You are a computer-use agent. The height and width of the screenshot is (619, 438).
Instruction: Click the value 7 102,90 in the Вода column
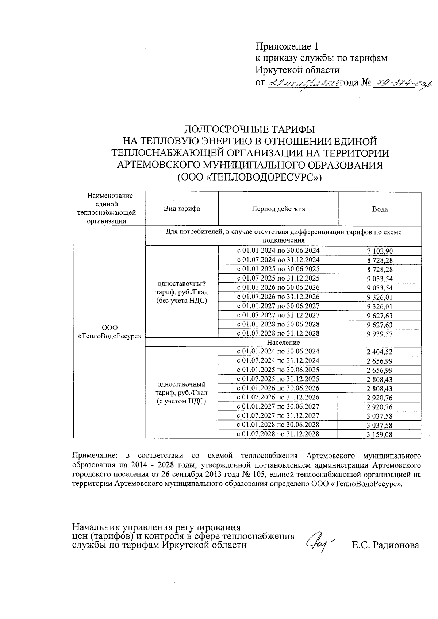coord(380,251)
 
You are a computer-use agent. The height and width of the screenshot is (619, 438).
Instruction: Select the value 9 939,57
coord(380,334)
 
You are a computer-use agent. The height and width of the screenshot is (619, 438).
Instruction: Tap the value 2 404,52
coord(380,352)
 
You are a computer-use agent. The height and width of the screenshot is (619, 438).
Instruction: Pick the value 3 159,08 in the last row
coord(380,435)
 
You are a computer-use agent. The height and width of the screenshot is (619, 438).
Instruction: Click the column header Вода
coord(380,209)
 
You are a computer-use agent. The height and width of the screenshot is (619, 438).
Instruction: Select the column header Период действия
coord(278,209)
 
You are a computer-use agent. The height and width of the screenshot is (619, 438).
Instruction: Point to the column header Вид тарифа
coord(182,209)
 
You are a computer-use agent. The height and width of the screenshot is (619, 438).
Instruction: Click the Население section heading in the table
coord(283,343)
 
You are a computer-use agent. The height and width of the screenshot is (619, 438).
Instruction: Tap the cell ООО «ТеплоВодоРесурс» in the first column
coord(109,332)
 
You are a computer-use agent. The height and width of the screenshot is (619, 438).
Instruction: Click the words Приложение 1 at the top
coord(287,46)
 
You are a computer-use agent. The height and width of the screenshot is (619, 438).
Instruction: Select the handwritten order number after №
coord(401,84)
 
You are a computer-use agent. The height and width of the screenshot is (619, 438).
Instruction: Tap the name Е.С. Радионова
coord(385,546)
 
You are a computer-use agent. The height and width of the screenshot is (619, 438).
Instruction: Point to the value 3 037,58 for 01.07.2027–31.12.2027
coord(380,416)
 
